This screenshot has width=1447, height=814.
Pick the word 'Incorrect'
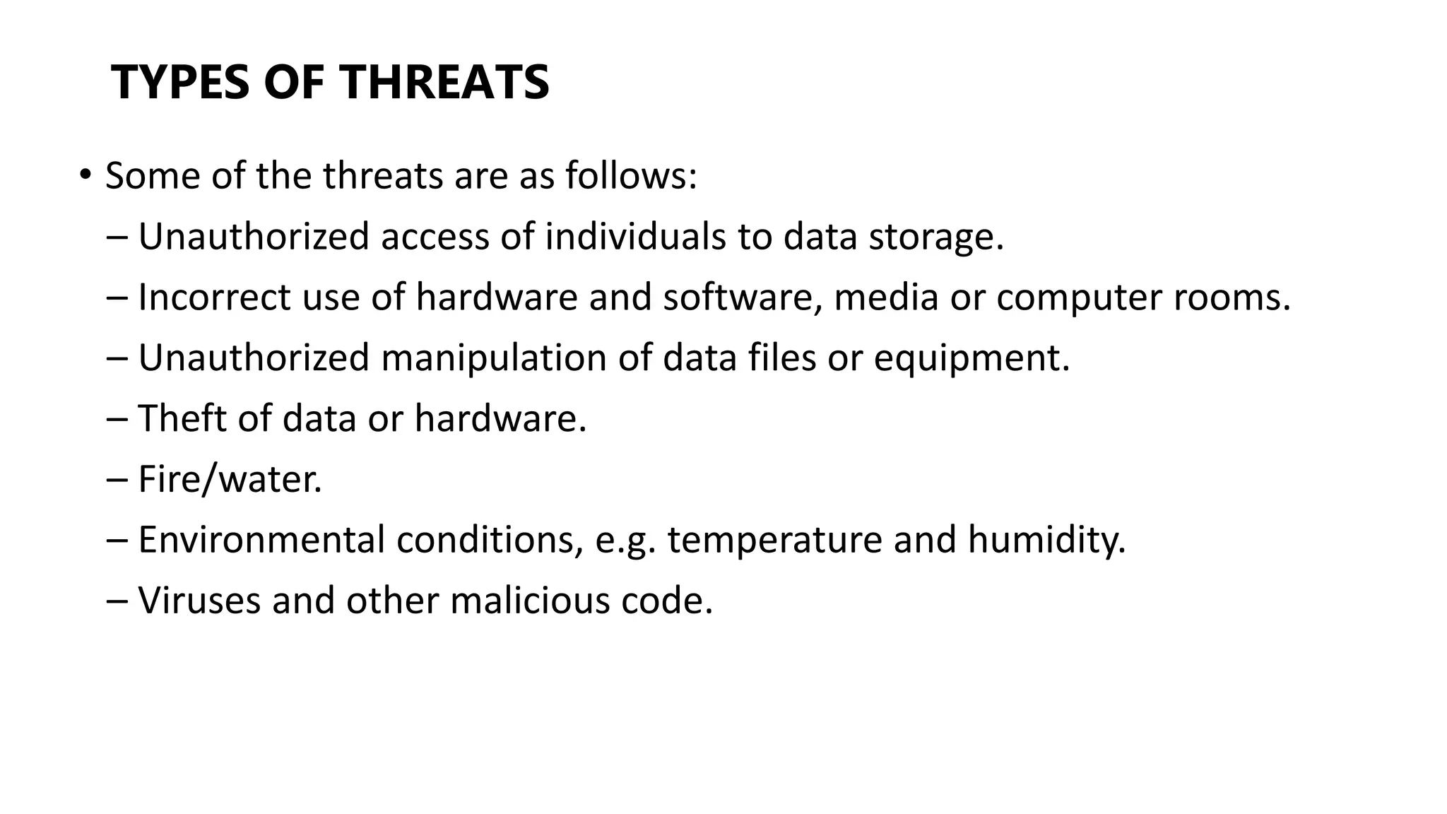[214, 297]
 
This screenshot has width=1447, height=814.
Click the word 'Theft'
[182, 418]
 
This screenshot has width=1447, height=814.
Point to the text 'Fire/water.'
[230, 479]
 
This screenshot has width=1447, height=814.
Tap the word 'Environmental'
[261, 540]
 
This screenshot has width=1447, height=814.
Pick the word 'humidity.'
[1046, 540]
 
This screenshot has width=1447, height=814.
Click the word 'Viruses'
[199, 601]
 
